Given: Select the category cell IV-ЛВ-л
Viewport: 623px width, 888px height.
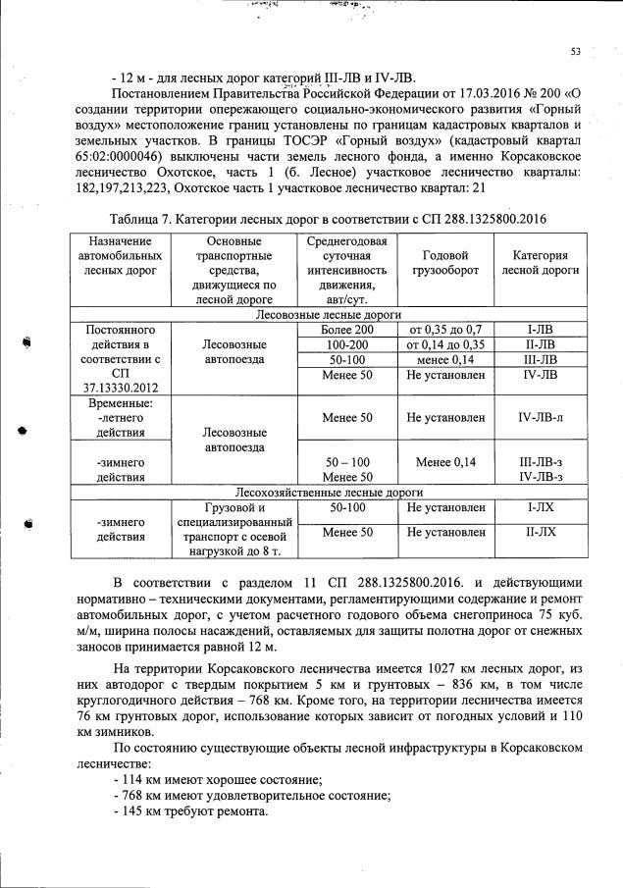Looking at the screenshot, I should pos(540,418).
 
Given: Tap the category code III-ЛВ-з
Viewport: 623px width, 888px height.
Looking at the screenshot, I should pos(540,461).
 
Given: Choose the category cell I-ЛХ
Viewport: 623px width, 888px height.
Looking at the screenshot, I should pos(540,507).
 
